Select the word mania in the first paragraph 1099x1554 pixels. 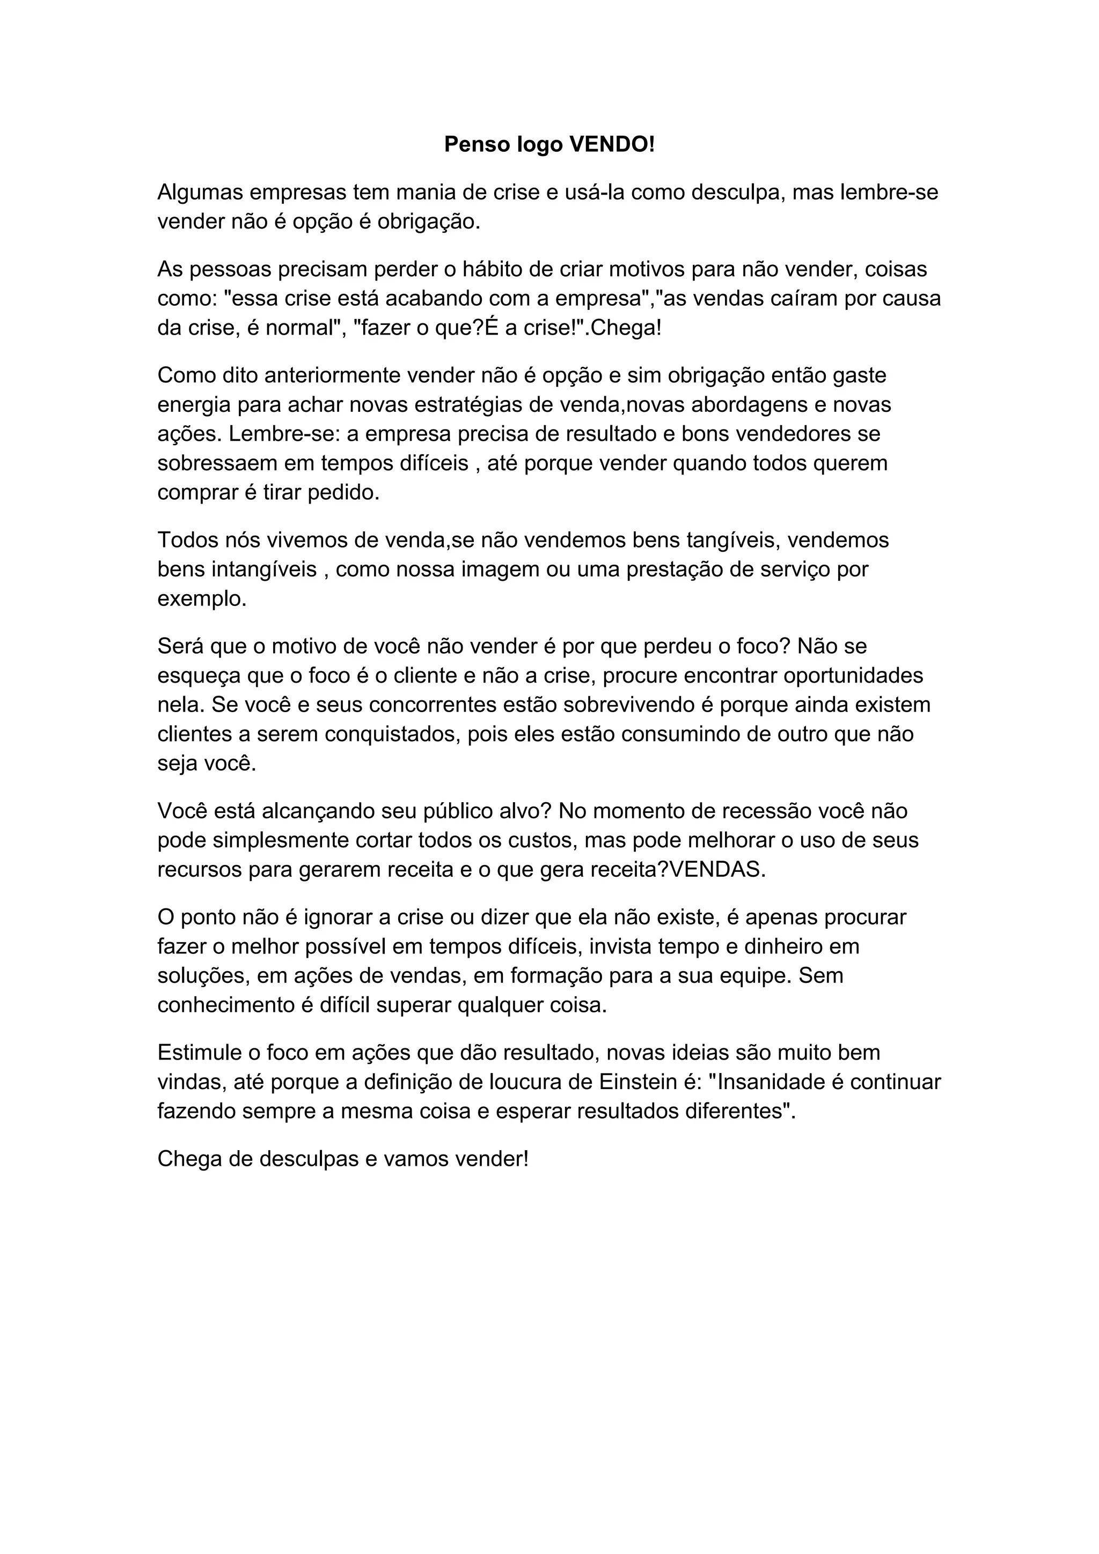pyautogui.click(x=424, y=193)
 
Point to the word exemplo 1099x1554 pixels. pyautogui.click(x=202, y=598)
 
